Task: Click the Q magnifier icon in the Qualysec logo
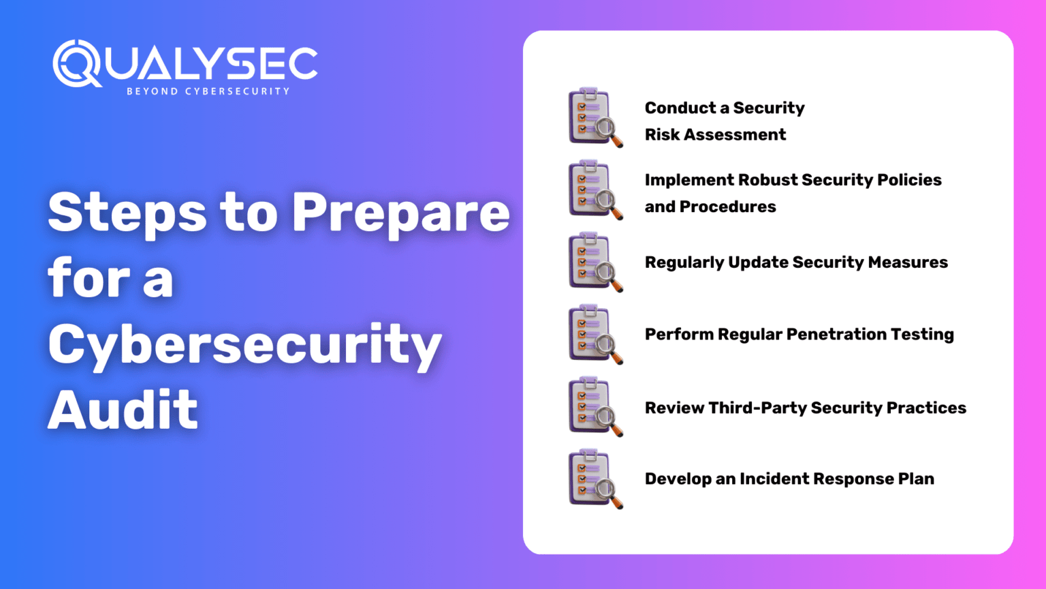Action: point(76,63)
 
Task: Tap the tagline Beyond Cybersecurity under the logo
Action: point(208,91)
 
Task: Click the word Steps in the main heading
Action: point(127,212)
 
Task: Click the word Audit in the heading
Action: point(123,410)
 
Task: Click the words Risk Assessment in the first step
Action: point(715,135)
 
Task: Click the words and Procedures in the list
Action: point(710,207)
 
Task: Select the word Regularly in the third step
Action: point(684,263)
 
